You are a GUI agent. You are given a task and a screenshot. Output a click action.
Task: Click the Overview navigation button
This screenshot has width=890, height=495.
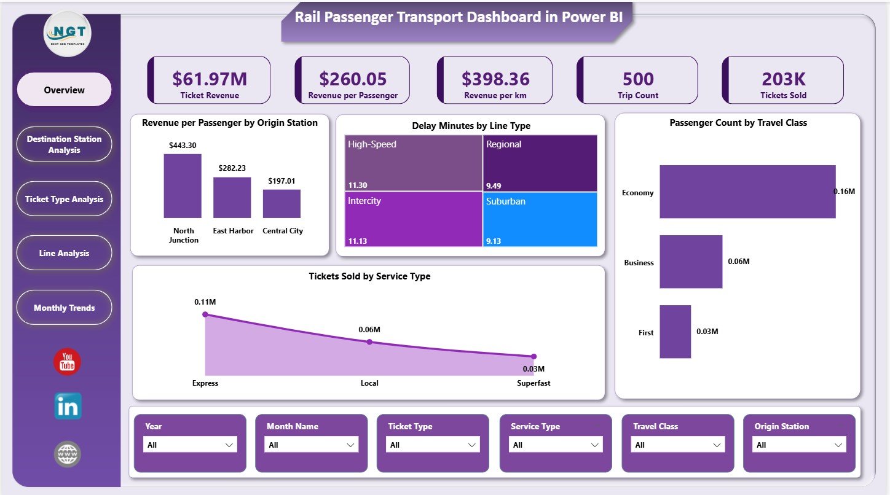coord(64,90)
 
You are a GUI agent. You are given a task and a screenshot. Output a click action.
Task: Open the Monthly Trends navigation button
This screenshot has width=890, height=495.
coord(64,308)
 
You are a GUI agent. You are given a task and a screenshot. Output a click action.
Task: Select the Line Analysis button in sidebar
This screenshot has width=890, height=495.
coord(64,253)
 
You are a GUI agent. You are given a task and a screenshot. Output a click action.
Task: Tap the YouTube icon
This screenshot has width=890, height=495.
coord(67,362)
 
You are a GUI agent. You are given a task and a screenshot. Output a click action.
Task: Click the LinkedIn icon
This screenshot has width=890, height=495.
coord(67,407)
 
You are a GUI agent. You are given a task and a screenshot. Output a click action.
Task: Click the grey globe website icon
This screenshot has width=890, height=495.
coord(67,454)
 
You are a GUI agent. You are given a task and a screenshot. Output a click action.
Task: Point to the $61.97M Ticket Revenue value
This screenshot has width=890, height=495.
coord(210,79)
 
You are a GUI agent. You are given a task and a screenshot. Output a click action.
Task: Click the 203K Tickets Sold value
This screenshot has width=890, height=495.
coord(783,79)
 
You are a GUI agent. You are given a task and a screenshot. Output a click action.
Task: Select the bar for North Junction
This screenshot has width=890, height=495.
coord(183,185)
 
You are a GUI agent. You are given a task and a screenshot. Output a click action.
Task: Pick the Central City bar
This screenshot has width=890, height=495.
coord(282,203)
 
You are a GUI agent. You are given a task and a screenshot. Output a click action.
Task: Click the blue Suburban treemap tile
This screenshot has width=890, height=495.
coord(540,219)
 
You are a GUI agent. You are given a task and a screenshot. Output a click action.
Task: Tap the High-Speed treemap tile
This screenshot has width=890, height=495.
coord(413,163)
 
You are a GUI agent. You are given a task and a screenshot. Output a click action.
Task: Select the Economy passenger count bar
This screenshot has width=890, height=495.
coord(747,192)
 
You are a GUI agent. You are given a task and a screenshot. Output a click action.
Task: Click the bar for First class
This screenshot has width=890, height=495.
coord(675,332)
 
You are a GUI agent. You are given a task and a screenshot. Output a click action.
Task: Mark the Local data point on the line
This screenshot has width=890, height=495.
coord(369,342)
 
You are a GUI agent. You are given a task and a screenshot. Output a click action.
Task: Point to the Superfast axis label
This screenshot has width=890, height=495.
coord(533,383)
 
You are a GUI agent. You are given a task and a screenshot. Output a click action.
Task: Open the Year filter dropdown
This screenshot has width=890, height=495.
coord(190,445)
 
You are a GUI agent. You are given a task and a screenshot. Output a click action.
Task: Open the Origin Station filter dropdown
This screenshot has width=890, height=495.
coord(799,445)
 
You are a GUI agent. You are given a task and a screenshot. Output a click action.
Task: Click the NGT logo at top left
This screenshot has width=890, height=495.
coord(68,34)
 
